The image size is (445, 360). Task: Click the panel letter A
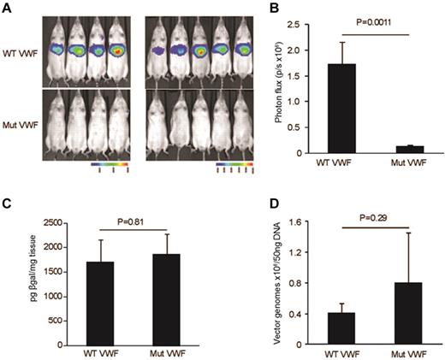tap(6, 8)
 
